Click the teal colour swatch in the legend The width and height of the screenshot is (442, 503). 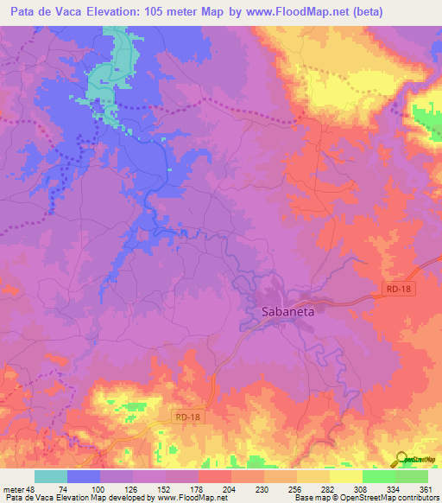[x=51, y=476]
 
